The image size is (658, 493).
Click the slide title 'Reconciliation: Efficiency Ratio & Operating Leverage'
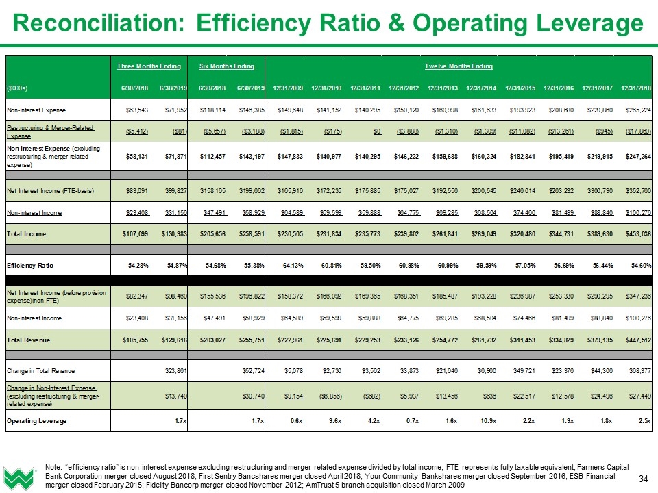pos(328,23)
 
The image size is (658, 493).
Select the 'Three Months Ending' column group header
pos(149,66)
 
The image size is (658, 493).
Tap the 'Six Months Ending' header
pos(227,66)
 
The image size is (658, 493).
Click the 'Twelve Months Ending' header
pos(459,66)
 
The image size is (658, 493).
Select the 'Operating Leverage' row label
pos(37,420)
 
